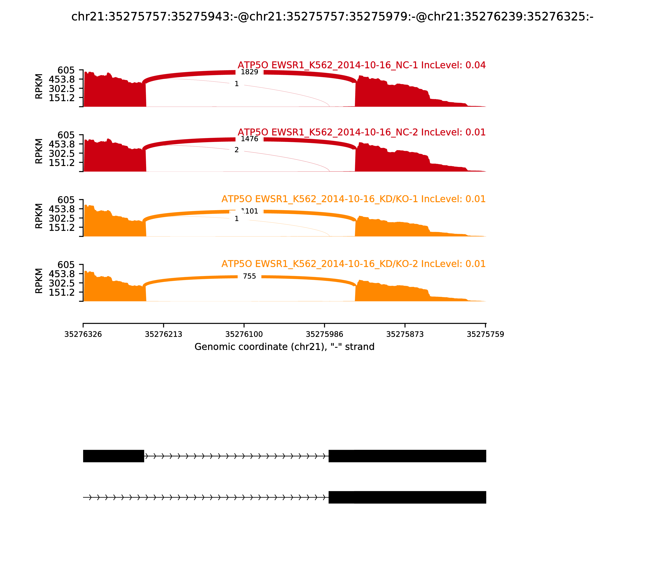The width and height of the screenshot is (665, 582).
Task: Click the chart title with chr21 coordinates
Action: (332, 17)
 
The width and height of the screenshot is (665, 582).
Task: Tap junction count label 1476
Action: (249, 139)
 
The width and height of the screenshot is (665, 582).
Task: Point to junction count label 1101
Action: (250, 211)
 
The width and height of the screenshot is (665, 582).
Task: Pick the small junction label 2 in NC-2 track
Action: (236, 150)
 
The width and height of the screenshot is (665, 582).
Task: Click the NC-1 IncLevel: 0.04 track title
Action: (361, 65)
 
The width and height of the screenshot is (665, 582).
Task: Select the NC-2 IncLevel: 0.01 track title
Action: (361, 133)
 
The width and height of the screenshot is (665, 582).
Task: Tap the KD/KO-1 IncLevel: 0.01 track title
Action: (353, 199)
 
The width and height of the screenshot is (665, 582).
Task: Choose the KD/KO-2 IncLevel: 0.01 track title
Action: (353, 264)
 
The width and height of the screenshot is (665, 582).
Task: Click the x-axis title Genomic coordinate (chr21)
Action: (284, 347)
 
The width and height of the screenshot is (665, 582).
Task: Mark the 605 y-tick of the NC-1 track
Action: (66, 70)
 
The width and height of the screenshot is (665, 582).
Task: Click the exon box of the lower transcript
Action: (407, 497)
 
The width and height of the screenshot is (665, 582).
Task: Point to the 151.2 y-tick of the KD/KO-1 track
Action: (62, 228)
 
